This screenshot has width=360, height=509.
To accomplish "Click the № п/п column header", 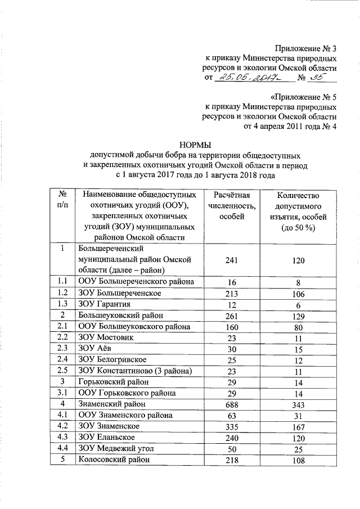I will click(64, 200).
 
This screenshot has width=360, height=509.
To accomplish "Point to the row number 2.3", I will click(64, 349).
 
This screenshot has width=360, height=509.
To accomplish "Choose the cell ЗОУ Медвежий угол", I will click(118, 448).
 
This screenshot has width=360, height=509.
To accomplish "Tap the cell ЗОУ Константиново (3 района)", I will click(136, 371).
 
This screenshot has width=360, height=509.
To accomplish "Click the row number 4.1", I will click(64, 415).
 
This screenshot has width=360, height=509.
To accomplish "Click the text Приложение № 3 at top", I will click(306, 47).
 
